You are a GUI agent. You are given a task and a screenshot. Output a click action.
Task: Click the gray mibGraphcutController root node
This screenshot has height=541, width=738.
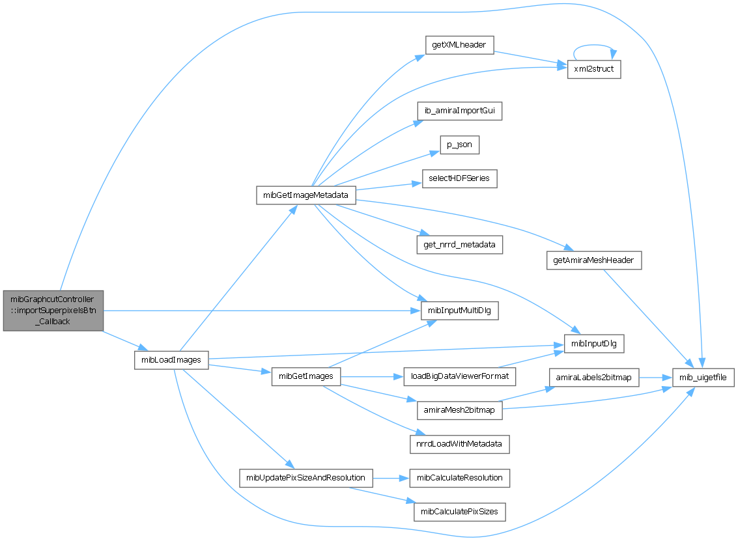click(x=53, y=310)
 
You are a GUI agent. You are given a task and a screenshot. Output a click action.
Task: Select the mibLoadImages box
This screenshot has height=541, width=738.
click(x=171, y=359)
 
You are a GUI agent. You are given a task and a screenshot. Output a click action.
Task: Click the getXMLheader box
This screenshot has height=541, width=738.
click(x=459, y=44)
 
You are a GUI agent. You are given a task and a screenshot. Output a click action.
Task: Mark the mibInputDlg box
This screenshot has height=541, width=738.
click(x=594, y=343)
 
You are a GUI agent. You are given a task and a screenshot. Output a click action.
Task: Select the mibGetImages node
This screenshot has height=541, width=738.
click(x=305, y=376)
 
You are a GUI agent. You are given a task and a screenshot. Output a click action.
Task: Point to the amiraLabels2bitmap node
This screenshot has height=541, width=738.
click(x=594, y=377)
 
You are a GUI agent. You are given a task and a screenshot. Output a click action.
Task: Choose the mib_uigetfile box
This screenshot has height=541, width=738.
click(x=703, y=377)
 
